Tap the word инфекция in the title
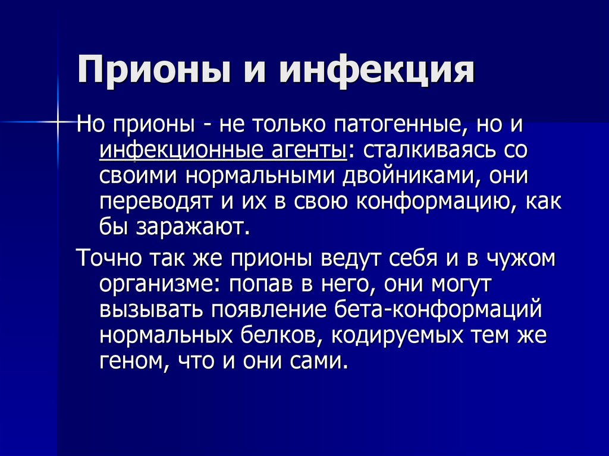pyautogui.click(x=378, y=70)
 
